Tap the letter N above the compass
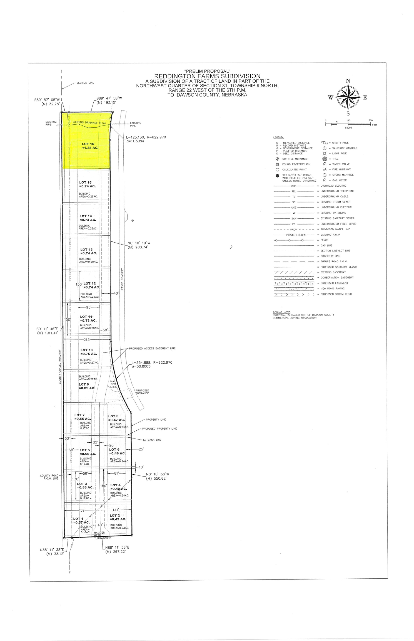pyautogui.click(x=348, y=81)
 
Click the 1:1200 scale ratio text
pyautogui.click(x=348, y=128)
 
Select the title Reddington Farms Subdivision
pyautogui.click(x=207, y=76)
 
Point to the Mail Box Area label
pyautogui.click(x=113, y=384)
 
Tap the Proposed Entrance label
pyautogui.click(x=142, y=392)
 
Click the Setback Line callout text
pyautogui.click(x=152, y=440)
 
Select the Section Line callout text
pyautogui.click(x=85, y=83)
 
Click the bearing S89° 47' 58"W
pyautogui.click(x=109, y=98)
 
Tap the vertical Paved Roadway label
pyautogui.click(x=122, y=279)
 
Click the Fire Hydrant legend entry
pyautogui.click(x=341, y=169)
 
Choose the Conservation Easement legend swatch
pyautogui.click(x=294, y=278)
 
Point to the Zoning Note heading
pyautogui.click(x=281, y=312)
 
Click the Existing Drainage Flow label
pyautogui.click(x=89, y=123)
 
